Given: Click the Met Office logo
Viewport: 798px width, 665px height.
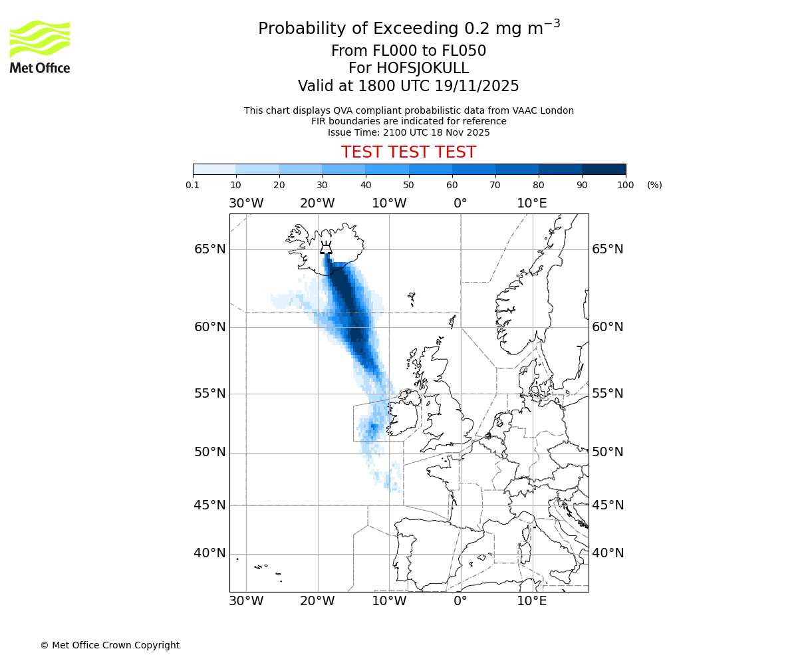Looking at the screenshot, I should (40, 47).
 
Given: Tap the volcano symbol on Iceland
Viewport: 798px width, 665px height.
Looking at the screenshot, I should (326, 248).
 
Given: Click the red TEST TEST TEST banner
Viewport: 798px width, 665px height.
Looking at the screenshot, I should (408, 152).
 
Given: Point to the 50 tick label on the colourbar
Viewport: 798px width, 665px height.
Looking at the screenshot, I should (408, 185).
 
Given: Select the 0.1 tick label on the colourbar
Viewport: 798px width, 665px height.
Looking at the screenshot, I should (193, 185).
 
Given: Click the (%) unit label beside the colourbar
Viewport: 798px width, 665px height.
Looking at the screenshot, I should (654, 185).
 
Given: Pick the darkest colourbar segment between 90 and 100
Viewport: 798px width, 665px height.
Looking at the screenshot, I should (604, 169).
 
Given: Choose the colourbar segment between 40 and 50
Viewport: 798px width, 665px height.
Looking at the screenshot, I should (387, 169).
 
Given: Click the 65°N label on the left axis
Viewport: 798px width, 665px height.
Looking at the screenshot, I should (209, 249).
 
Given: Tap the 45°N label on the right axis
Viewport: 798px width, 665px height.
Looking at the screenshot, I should (608, 505).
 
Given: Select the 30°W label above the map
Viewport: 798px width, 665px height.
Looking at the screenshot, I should (246, 203).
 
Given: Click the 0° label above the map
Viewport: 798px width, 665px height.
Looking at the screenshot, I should (460, 203).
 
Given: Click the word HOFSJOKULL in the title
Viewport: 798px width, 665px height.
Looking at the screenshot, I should (423, 68).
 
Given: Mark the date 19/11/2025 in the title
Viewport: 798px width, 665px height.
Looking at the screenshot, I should (477, 86).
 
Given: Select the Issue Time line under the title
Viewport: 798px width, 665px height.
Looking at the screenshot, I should (408, 132).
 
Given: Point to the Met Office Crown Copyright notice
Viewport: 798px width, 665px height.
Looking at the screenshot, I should (110, 645).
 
